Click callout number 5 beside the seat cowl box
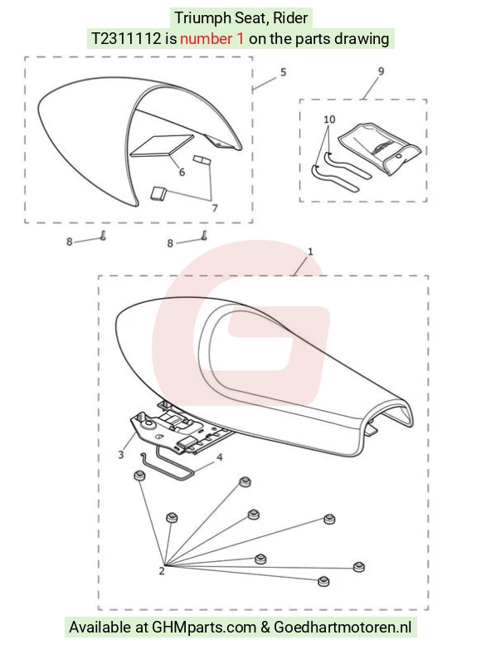284,72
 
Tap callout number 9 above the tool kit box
381,71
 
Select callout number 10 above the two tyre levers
329,120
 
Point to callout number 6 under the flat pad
182,172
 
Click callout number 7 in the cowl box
215,208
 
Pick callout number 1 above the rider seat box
310,251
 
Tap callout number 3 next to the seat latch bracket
121,455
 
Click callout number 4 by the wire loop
220,457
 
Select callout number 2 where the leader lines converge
162,571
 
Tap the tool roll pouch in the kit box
380,149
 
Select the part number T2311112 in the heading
126,39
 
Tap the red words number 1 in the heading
211,39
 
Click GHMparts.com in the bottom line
204,628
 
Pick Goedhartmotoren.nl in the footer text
343,628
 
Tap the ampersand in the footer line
265,628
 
